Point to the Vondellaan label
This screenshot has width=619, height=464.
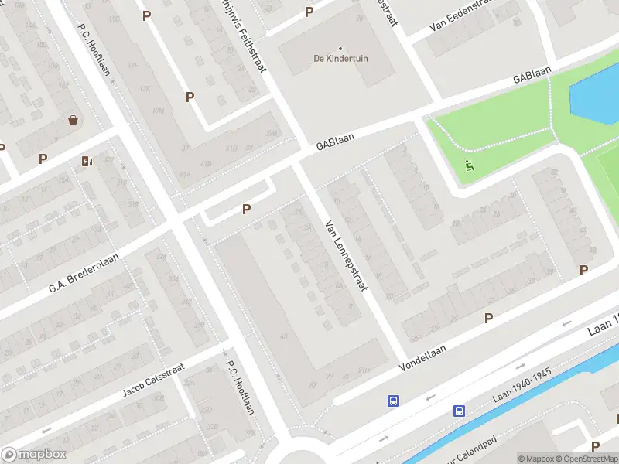[x=423, y=357]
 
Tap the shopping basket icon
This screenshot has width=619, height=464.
[x=74, y=120]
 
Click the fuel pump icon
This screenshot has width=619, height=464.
[x=86, y=161]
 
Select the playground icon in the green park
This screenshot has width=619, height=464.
[x=468, y=165]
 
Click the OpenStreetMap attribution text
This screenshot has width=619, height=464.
[x=589, y=459]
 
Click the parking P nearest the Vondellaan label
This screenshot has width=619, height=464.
[x=488, y=318]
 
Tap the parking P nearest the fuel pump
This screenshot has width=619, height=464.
[x=43, y=159]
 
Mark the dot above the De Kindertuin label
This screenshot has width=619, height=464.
[x=340, y=48]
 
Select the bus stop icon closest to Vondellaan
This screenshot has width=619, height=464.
[x=394, y=401]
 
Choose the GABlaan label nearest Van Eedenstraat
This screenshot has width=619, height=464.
[x=532, y=75]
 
